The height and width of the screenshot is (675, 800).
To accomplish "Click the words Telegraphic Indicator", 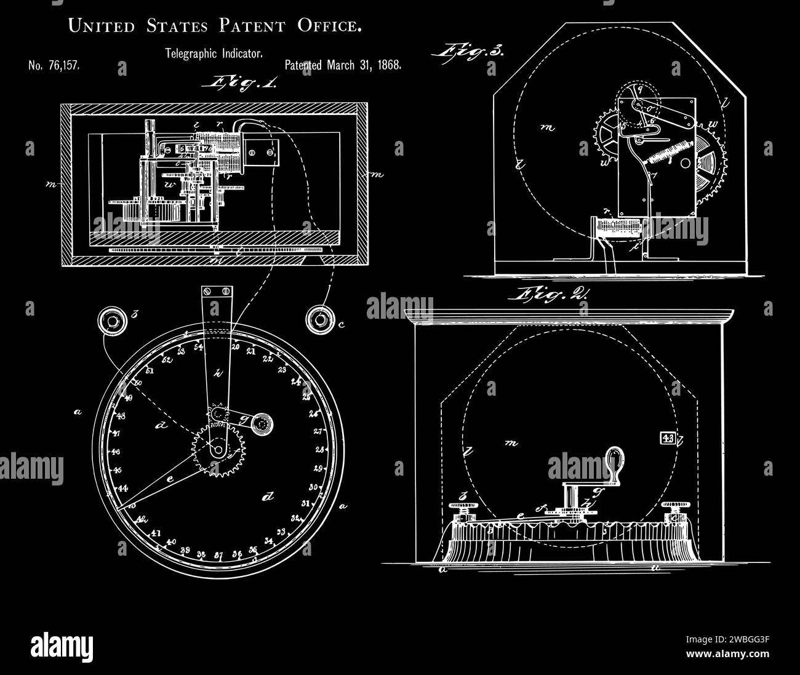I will tap(214, 54).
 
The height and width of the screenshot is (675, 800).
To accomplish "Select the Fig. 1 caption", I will tap(244, 82).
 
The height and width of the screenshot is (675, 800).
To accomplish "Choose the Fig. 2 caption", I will tap(547, 295).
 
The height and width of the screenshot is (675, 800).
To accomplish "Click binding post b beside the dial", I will tap(113, 320).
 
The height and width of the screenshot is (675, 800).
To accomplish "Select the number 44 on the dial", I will tap(123, 489).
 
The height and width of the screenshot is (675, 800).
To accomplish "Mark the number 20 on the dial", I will tap(236, 346).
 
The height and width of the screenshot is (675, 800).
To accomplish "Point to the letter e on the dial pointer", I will tap(170, 477).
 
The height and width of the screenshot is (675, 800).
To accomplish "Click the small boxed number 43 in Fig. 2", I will tap(667, 438).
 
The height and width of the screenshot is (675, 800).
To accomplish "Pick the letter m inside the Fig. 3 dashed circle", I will tap(546, 128).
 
